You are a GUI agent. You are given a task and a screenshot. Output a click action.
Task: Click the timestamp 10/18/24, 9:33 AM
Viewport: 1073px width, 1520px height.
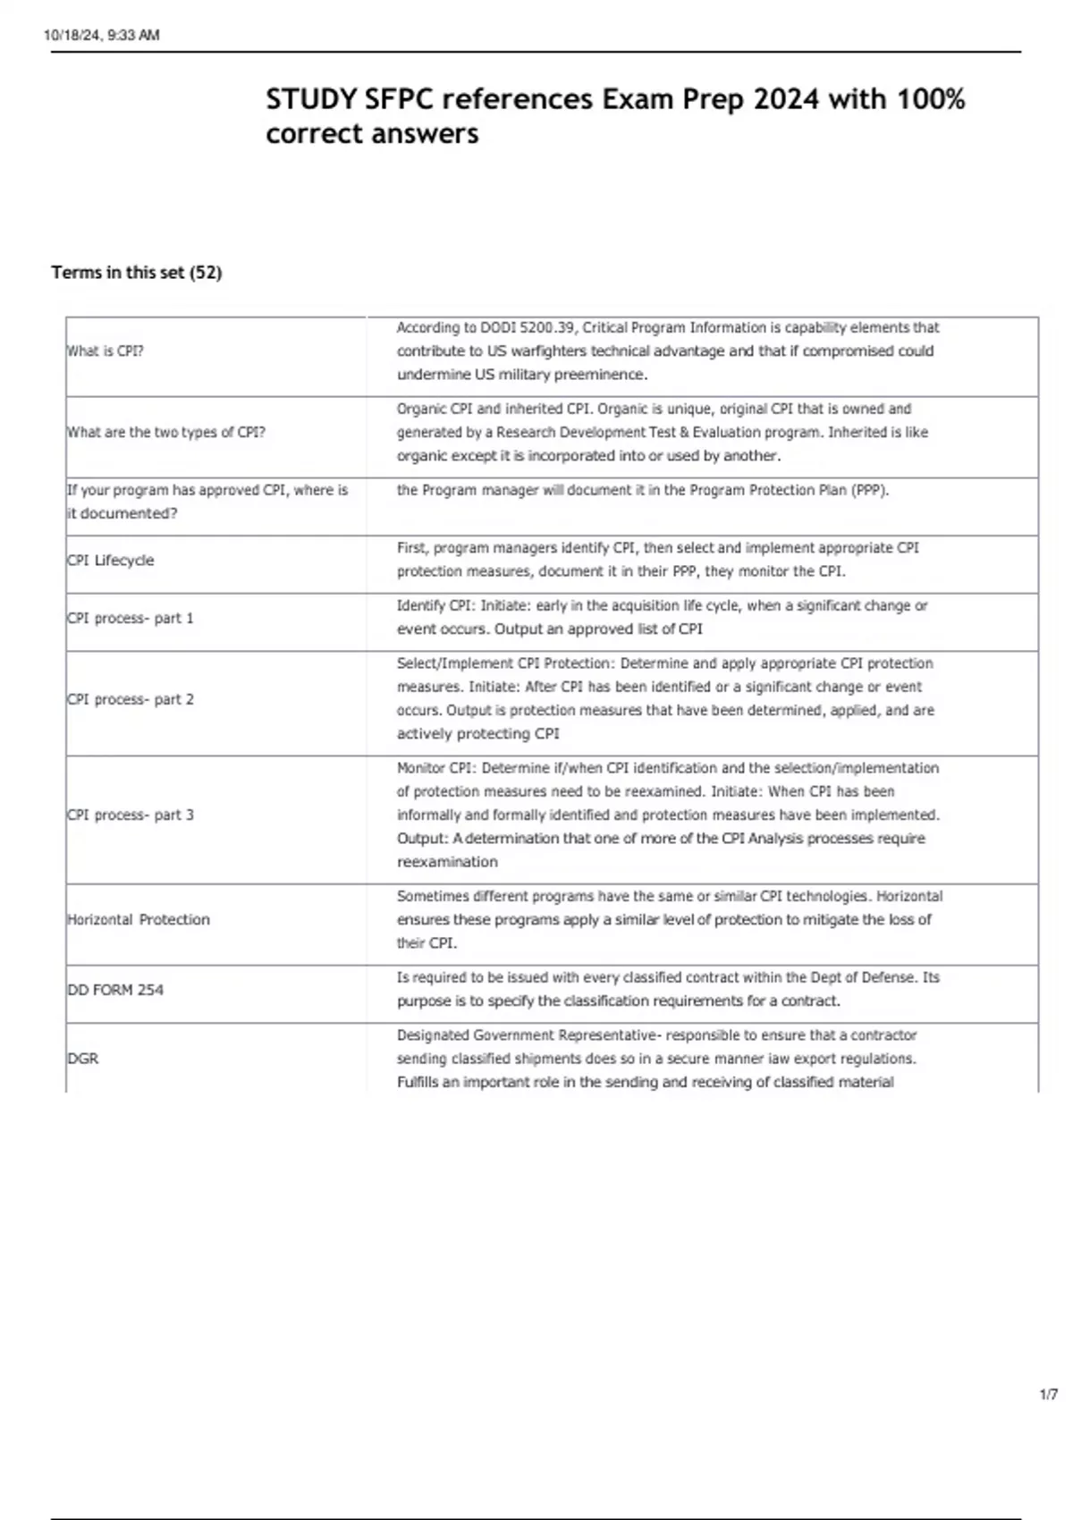click(101, 36)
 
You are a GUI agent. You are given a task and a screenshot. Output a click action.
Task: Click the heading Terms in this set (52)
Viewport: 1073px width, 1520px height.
click(136, 273)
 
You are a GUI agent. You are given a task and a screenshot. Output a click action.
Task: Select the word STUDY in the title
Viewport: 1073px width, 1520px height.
click(311, 99)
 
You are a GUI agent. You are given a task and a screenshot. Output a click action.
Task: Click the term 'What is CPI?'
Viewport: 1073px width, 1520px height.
click(106, 351)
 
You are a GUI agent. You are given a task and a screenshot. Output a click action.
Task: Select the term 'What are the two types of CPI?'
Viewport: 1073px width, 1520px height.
click(166, 433)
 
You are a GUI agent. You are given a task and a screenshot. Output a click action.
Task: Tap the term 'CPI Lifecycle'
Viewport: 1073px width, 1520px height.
click(111, 561)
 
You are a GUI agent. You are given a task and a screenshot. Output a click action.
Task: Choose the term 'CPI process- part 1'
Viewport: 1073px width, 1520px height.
click(131, 619)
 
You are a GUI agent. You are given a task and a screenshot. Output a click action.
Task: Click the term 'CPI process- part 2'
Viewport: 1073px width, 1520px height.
click(131, 700)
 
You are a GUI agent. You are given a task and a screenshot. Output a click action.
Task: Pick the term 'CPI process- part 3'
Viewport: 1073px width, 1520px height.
click(131, 815)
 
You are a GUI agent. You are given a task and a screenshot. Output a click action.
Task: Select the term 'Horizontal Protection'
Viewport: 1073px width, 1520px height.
click(139, 920)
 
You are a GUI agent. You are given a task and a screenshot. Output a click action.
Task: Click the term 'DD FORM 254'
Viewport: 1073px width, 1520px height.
click(115, 991)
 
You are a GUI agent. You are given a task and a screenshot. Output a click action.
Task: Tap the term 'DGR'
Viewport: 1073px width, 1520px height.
click(83, 1059)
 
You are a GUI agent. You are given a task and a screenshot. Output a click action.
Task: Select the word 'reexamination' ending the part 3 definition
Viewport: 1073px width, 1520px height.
click(447, 863)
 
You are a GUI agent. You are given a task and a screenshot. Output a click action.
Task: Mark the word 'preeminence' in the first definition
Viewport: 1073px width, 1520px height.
click(600, 375)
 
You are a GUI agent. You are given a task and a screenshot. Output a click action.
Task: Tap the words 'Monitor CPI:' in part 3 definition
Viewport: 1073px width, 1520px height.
click(435, 768)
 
